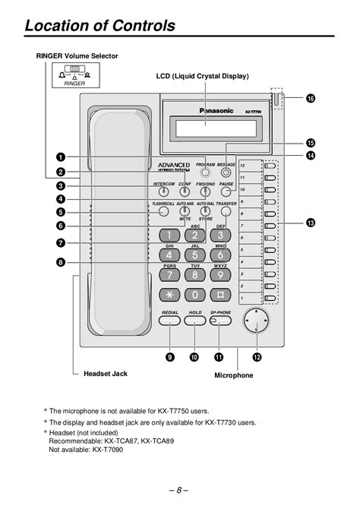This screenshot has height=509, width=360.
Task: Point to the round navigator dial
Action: click(257, 323)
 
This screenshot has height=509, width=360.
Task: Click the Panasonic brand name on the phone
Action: click(216, 110)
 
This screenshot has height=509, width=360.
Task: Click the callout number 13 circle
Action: click(310, 223)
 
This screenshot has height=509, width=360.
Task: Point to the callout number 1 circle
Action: click(59, 156)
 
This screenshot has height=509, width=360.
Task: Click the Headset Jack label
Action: click(105, 374)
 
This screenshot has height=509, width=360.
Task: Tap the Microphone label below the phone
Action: click(234, 375)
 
